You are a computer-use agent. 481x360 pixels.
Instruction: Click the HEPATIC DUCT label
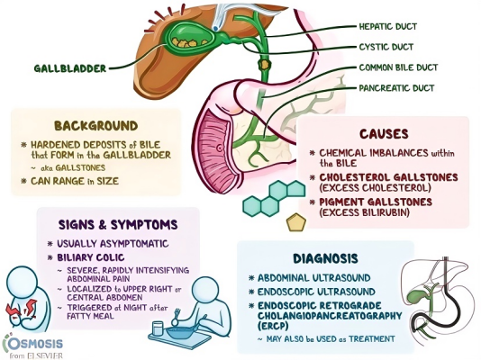pos(388,27)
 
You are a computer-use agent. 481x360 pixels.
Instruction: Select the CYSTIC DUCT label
pos(386,47)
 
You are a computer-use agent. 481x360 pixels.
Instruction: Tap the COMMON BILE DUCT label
pos(398,67)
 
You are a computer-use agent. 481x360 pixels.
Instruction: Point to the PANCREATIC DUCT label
pos(397,88)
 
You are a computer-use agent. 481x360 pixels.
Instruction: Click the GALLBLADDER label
pos(70,68)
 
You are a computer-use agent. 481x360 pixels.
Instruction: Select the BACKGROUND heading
pos(96,126)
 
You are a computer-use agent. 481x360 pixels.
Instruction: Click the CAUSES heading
pos(384,134)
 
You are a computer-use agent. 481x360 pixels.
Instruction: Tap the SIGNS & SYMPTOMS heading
pos(118,225)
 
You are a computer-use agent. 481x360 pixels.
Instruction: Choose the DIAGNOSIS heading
pos(325,258)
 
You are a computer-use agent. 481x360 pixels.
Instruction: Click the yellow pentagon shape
pos(296,222)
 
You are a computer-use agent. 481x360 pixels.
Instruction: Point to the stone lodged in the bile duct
pos(265,64)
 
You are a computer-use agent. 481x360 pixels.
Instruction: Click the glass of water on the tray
pos(158,328)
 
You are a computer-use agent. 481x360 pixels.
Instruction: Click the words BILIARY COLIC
pos(91,257)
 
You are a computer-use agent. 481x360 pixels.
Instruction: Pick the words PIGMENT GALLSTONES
pos(376,202)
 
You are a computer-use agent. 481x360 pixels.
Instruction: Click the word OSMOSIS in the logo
pos(33,344)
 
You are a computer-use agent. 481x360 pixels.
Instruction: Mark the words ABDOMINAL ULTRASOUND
pos(314,278)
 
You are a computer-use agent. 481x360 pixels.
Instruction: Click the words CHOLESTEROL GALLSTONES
pos(388,177)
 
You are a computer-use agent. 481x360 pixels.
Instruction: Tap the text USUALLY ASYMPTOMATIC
pos(113,244)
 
